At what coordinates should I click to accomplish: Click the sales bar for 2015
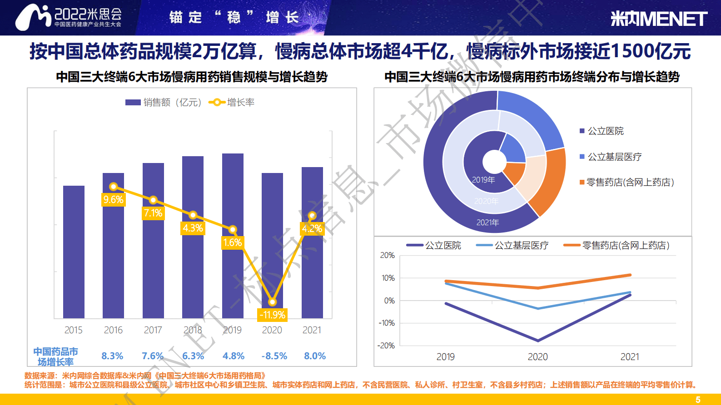pyautogui.click(x=74, y=252)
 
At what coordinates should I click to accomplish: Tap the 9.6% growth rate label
pyautogui.click(x=113, y=200)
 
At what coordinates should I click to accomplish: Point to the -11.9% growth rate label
pyautogui.click(x=272, y=315)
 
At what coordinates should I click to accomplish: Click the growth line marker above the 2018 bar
pyautogui.click(x=193, y=215)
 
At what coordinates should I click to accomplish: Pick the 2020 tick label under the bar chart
pyautogui.click(x=272, y=330)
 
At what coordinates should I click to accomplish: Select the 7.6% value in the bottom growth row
pyautogui.click(x=153, y=356)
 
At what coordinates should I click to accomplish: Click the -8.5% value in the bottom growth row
pyautogui.click(x=274, y=356)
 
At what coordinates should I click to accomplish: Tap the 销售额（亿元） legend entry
pyautogui.click(x=164, y=103)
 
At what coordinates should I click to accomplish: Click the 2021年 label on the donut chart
pyautogui.click(x=487, y=222)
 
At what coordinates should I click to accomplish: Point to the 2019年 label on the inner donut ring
pyautogui.click(x=483, y=180)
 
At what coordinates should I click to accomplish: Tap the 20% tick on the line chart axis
pyautogui.click(x=388, y=255)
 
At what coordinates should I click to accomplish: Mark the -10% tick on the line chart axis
pyautogui.click(x=387, y=323)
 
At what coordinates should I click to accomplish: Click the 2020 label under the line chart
pyautogui.click(x=537, y=357)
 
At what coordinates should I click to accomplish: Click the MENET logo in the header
pyautogui.click(x=658, y=19)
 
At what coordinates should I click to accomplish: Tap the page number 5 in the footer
pyautogui.click(x=698, y=400)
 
